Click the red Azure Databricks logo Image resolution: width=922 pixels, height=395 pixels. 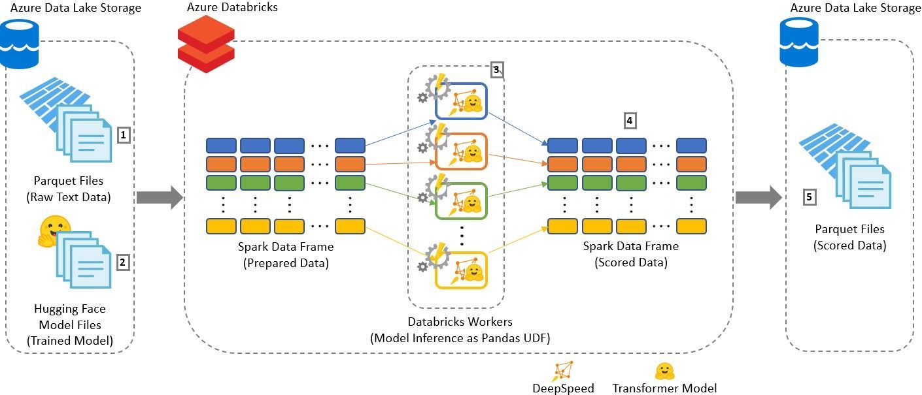[206, 44]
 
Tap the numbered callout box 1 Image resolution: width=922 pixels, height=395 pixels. [124, 135]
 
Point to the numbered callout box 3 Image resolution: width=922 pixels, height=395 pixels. [496, 69]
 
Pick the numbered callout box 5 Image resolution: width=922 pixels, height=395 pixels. [809, 197]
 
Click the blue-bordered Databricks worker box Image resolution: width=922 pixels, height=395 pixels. [461, 101]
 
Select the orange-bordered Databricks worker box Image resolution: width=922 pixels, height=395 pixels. [461, 151]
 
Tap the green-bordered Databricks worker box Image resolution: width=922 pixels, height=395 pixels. [461, 201]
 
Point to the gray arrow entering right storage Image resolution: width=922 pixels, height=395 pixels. [758, 197]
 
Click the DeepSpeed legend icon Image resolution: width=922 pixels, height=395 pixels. [563, 371]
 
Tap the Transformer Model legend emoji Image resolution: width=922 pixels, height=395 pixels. [664, 371]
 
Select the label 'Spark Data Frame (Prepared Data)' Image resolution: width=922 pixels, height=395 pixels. [286, 255]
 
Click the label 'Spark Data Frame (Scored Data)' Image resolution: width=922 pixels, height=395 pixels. [630, 255]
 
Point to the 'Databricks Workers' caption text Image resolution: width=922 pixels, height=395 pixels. [460, 321]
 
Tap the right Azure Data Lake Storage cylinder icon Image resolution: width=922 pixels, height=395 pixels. [800, 42]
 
